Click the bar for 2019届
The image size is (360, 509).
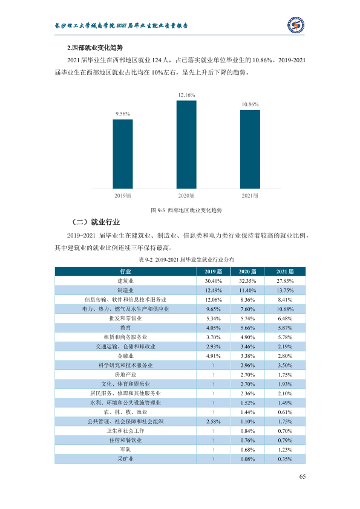pos(123,154)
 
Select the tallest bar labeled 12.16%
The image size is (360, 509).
pos(186,144)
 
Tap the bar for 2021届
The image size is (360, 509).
pos(250,149)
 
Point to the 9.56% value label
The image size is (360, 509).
pos(123,114)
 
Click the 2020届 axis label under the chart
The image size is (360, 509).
pos(186,195)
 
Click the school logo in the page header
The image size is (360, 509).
pos(296,25)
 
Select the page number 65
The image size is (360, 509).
pos(303,476)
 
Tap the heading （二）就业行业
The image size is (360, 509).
pos(96,222)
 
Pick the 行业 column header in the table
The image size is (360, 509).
pos(125,271)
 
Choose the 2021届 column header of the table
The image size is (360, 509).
pos(285,271)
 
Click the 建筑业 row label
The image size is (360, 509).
pos(125,280)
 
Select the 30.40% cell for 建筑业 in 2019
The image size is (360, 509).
pos(214,281)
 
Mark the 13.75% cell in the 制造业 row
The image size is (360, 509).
pos(285,290)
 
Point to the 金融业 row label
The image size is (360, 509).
pos(125,356)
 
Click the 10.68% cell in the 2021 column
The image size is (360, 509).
pos(285,309)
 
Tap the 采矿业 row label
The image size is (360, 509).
pos(125,459)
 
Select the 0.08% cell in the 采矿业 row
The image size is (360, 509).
pos(247,459)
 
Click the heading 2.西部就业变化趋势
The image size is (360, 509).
pos(95,48)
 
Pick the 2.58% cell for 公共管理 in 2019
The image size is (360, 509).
pos(214,422)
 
